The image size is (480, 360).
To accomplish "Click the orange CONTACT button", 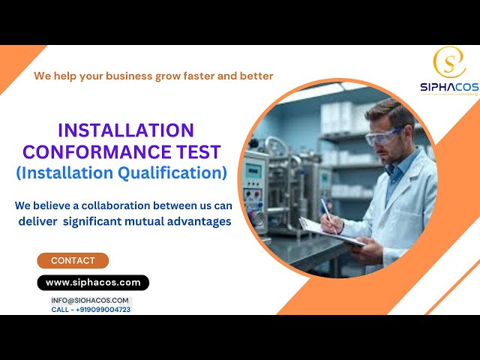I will coord(73,261).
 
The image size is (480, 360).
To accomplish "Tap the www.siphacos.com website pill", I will coord(93,283).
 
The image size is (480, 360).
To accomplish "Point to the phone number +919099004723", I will coord(103,309).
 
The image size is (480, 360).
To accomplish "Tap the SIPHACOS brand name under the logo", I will coord(448,87).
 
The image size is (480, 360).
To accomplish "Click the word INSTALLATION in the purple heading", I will coord(126,130).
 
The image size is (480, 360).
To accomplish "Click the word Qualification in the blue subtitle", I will coord(165,173).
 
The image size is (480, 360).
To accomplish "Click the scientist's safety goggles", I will coord(385,137).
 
